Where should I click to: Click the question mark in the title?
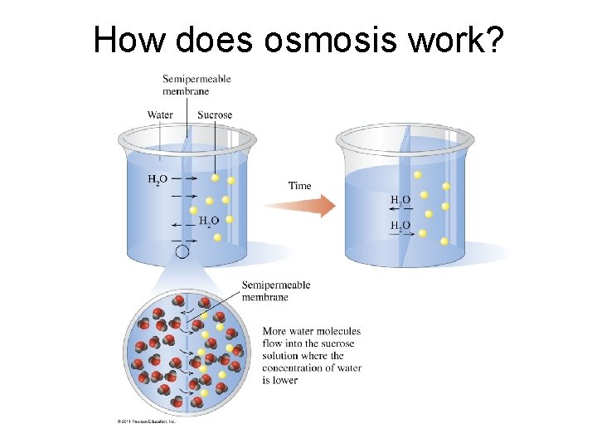[491, 39]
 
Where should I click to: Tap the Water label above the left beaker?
[161, 114]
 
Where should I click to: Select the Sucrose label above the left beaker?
[215, 114]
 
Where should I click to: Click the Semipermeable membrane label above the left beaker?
[197, 85]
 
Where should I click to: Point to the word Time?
[300, 186]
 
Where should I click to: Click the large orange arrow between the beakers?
[299, 206]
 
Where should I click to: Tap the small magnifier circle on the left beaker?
[182, 251]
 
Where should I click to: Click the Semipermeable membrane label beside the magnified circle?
[276, 290]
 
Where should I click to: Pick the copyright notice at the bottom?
[146, 421]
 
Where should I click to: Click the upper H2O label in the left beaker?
[158, 178]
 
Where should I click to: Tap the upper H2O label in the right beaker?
[400, 200]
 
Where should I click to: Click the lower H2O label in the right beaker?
[400, 226]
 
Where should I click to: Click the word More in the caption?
[274, 332]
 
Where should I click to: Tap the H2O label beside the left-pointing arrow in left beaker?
[209, 221]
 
